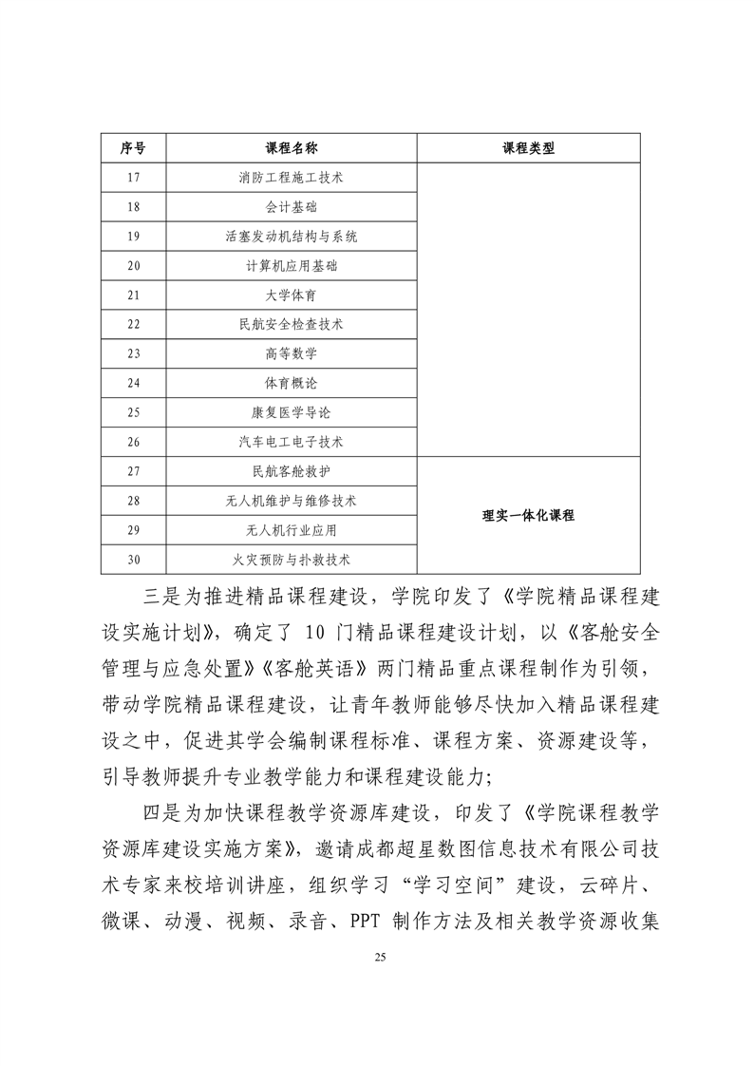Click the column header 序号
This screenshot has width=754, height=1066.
pyautogui.click(x=133, y=148)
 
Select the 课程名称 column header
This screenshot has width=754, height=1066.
pyautogui.click(x=291, y=148)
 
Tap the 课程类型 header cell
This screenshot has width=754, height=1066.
pyautogui.click(x=528, y=148)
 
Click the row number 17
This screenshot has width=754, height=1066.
pyautogui.click(x=133, y=178)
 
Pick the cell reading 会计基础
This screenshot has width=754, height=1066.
pyautogui.click(x=291, y=207)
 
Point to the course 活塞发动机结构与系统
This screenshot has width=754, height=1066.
pyautogui.click(x=291, y=237)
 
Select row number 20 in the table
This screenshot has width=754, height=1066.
pyautogui.click(x=133, y=266)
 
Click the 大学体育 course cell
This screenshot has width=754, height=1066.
pyautogui.click(x=291, y=295)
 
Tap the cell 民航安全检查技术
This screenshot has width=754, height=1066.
pyautogui.click(x=291, y=325)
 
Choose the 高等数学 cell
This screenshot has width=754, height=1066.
pyautogui.click(x=291, y=354)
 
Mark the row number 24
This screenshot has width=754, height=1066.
pyautogui.click(x=133, y=384)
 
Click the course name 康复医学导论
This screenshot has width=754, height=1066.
pyautogui.click(x=291, y=413)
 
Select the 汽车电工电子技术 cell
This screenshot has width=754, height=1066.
pyautogui.click(x=291, y=443)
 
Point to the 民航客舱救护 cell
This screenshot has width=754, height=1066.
pyautogui.click(x=291, y=471)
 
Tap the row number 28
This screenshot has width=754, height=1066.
pyautogui.click(x=133, y=501)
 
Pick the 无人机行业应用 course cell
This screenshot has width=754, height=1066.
pyautogui.click(x=291, y=530)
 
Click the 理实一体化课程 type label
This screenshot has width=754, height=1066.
pyautogui.click(x=528, y=516)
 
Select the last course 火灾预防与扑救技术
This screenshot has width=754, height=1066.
pyautogui.click(x=291, y=560)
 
